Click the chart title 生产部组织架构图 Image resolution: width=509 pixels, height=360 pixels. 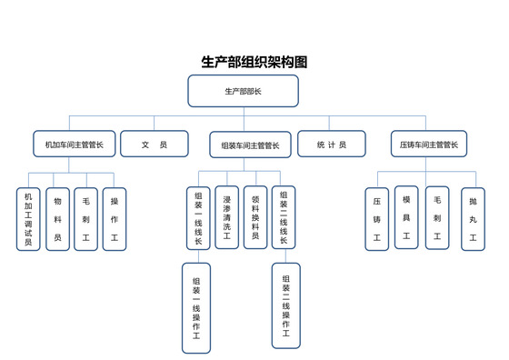[x=254, y=63]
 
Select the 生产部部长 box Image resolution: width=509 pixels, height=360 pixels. [x=243, y=92]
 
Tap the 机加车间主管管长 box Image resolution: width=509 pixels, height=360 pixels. [x=74, y=144]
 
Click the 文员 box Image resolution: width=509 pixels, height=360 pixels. [x=155, y=144]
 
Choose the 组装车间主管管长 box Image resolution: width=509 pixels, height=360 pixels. [x=250, y=144]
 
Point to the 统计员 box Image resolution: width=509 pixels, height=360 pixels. [x=331, y=144]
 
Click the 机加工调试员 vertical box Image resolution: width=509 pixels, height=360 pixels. [x=28, y=219]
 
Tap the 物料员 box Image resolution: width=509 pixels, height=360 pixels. [x=57, y=219]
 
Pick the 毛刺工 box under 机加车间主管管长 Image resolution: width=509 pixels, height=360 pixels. [x=85, y=219]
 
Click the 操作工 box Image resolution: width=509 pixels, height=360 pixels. [x=114, y=219]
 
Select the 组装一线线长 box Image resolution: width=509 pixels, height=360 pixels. [x=198, y=216]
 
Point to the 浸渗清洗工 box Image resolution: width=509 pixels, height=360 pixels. [x=226, y=216]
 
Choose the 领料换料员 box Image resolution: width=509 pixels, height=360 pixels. [x=255, y=216]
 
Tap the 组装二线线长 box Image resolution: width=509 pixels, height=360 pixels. [x=284, y=216]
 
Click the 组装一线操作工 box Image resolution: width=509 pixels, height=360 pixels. [x=196, y=307]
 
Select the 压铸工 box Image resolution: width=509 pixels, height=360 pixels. [x=376, y=218]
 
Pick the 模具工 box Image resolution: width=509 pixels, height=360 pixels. [x=406, y=217]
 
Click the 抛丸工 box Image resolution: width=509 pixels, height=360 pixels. [x=473, y=218]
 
